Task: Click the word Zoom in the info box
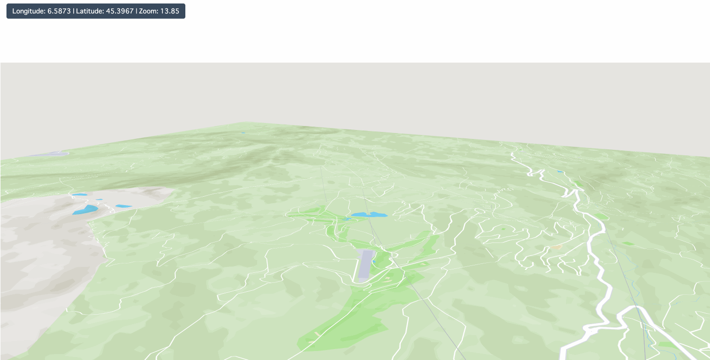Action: [147, 11]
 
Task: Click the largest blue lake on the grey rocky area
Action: [85, 210]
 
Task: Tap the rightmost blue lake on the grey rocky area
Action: [123, 206]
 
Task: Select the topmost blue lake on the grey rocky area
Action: [79, 195]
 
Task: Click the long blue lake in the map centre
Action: [369, 215]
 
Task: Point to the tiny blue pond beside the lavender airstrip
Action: [374, 261]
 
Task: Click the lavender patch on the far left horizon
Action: [50, 154]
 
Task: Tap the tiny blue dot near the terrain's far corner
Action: [243, 133]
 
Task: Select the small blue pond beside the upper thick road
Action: [560, 172]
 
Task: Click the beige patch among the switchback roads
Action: [556, 247]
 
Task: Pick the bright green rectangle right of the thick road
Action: [628, 243]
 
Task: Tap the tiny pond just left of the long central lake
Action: [346, 219]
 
